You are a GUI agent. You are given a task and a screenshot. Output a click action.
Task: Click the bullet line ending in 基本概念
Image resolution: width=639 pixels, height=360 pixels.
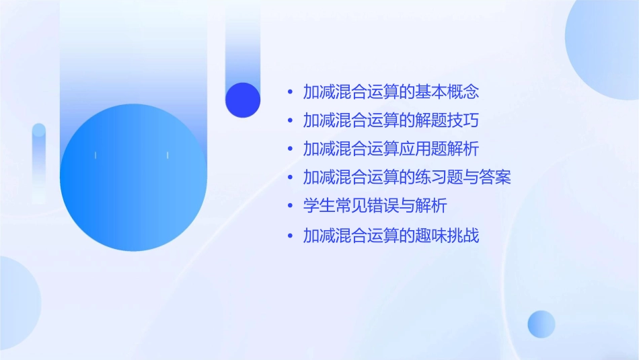click(x=391, y=92)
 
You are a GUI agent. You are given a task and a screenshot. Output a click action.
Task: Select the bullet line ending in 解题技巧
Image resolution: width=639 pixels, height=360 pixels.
click(x=391, y=120)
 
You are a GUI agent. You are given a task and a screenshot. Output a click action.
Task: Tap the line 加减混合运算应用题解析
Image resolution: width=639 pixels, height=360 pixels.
click(x=391, y=149)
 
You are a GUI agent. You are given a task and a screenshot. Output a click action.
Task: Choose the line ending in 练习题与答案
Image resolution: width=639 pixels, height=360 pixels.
click(x=407, y=178)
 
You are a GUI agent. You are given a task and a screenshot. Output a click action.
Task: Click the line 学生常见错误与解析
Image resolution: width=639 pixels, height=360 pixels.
click(x=375, y=205)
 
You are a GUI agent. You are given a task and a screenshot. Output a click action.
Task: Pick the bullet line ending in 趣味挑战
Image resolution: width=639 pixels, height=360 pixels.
click(x=391, y=236)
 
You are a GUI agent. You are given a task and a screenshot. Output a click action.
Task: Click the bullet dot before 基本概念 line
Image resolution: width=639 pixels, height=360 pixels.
click(x=290, y=92)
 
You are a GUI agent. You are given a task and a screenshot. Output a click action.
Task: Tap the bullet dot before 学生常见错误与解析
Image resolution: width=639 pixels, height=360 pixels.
click(x=290, y=206)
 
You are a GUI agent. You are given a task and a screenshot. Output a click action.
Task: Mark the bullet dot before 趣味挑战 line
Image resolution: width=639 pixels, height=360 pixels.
click(x=290, y=236)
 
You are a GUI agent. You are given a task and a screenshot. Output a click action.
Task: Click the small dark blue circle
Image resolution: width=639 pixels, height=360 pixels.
click(x=243, y=100)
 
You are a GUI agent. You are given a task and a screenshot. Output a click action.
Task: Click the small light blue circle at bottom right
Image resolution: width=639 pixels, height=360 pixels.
click(x=541, y=324)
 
